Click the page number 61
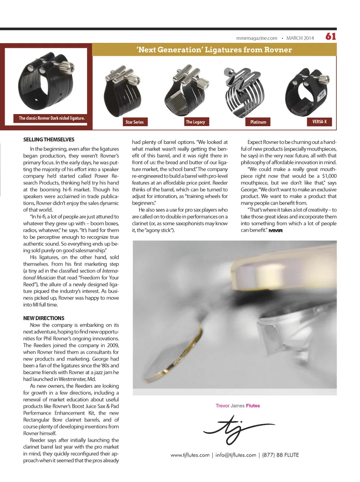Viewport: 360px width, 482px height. tap(330, 36)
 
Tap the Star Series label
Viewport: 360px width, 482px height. tap(135, 122)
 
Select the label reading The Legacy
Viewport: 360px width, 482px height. tap(195, 122)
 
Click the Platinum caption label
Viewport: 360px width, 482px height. tap(258, 122)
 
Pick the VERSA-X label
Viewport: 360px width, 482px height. tap(319, 122)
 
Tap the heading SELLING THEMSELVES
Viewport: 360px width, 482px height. tap(49, 140)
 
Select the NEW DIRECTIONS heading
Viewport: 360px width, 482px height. tap(44, 318)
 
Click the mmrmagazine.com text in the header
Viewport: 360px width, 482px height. tap(256, 38)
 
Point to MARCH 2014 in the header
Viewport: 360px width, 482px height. tap(300, 38)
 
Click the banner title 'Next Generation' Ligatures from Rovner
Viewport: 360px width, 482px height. tap(214, 50)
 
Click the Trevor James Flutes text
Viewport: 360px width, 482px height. tap(238, 406)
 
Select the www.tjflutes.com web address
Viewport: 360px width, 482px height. tap(190, 455)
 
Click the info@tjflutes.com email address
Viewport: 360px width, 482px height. tap(235, 455)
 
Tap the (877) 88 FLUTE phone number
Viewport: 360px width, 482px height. tap(280, 455)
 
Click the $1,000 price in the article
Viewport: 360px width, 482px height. tap(329, 176)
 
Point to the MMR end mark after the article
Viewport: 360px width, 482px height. tap(276, 230)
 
